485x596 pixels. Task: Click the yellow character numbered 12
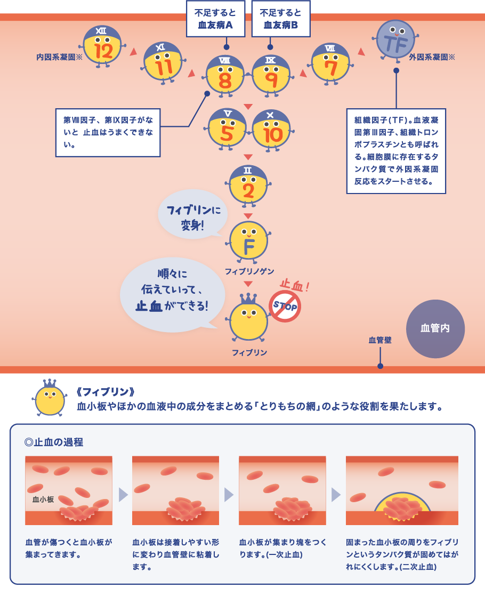[102, 46]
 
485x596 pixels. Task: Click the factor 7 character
[331, 63]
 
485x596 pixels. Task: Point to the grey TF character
[395, 40]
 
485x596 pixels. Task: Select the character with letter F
[249, 241]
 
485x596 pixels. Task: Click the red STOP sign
[285, 306]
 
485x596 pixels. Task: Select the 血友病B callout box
[281, 19]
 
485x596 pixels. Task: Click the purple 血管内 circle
[435, 328]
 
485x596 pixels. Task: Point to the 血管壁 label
[380, 340]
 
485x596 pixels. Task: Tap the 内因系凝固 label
[59, 57]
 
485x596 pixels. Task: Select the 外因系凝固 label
[432, 57]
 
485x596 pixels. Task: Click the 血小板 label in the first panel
[43, 500]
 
